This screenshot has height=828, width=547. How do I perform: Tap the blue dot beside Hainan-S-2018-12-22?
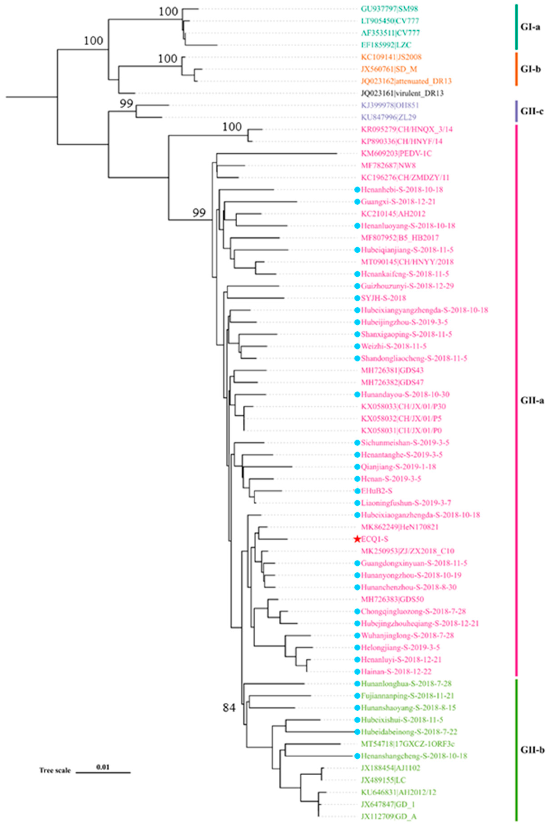pos(357,671)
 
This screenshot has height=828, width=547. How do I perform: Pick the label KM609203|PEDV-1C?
pos(396,153)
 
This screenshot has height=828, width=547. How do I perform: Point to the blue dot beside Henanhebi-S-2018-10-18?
pos(357,190)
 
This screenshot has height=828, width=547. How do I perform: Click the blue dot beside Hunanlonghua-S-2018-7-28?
pos(357,684)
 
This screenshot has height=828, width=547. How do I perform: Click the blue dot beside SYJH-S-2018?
pos(357,298)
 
